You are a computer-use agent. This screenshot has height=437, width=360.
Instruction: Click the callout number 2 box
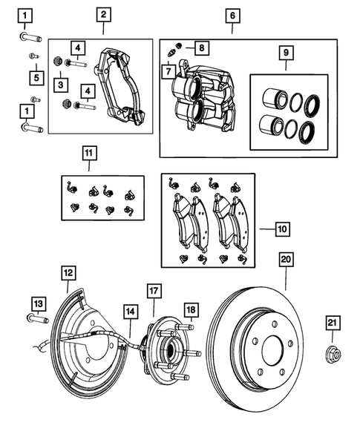point(104,15)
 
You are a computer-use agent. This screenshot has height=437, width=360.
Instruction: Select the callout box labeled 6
point(232,15)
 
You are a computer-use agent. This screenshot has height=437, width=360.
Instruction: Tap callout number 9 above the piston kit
point(282,54)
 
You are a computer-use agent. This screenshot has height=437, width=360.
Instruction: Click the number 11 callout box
point(89,154)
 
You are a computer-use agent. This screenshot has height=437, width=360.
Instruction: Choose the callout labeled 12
point(68,272)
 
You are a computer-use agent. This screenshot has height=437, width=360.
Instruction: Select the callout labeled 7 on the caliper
point(168,72)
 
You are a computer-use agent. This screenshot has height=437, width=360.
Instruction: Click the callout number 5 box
point(34,76)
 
